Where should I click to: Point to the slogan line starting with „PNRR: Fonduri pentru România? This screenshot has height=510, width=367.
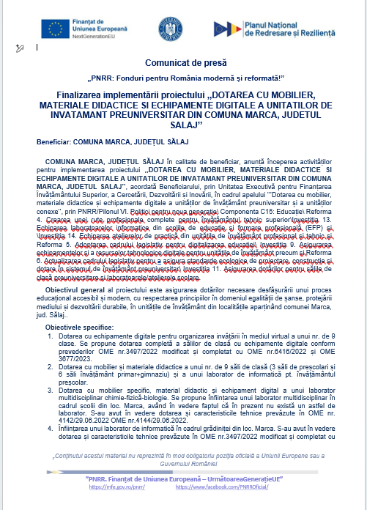[x=182, y=79]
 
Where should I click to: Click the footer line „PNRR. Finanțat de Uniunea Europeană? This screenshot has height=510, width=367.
[x=183, y=478]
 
